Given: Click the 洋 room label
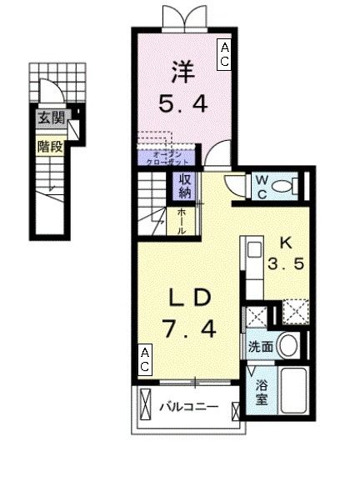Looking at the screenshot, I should click(181, 73).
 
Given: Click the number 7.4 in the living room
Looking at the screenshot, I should click(193, 331).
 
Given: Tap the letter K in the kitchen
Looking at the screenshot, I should click(283, 244).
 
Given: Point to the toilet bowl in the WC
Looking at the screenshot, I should click(287, 185).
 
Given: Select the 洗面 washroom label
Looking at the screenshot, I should click(258, 345).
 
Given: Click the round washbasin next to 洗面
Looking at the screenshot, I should click(288, 344).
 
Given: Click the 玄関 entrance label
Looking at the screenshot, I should click(50, 118).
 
